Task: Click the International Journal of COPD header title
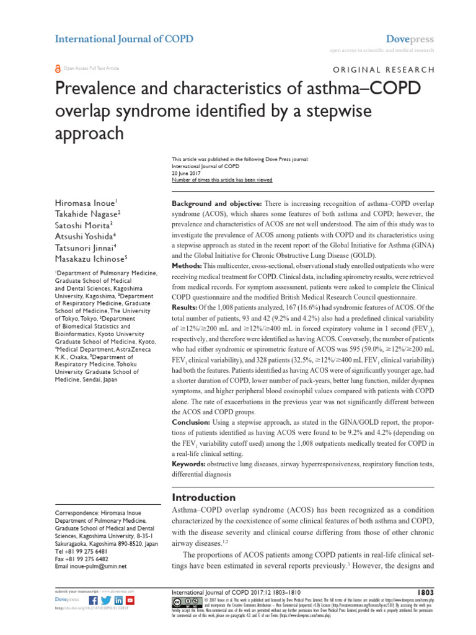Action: [x=124, y=39]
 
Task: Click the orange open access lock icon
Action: [x=58, y=68]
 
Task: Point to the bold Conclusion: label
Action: [x=194, y=422]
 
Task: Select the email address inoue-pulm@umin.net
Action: [x=100, y=566]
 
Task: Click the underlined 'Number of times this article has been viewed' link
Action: [x=221, y=180]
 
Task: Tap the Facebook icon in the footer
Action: [x=93, y=600]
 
